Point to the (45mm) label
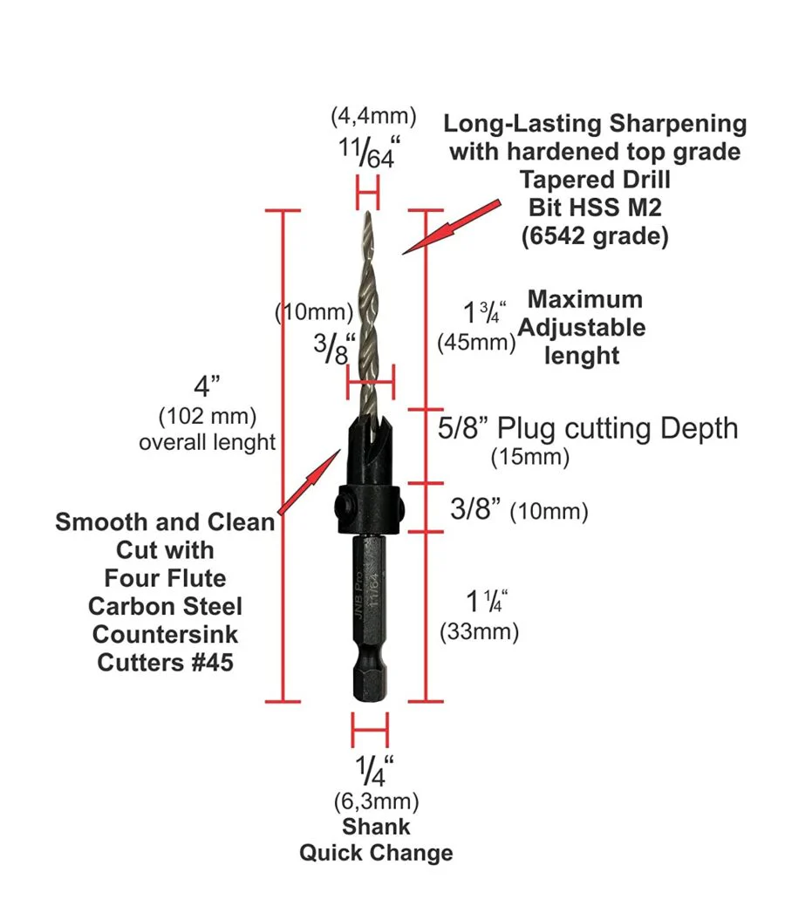coord(475,342)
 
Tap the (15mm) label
coord(529,455)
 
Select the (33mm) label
coord(479,630)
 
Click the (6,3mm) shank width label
coord(376,800)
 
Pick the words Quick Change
coord(376,852)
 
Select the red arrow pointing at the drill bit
coord(451,227)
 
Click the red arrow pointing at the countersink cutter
coord(309,480)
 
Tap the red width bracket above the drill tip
coord(368,189)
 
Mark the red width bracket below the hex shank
coord(369,729)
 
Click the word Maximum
coord(584,299)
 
